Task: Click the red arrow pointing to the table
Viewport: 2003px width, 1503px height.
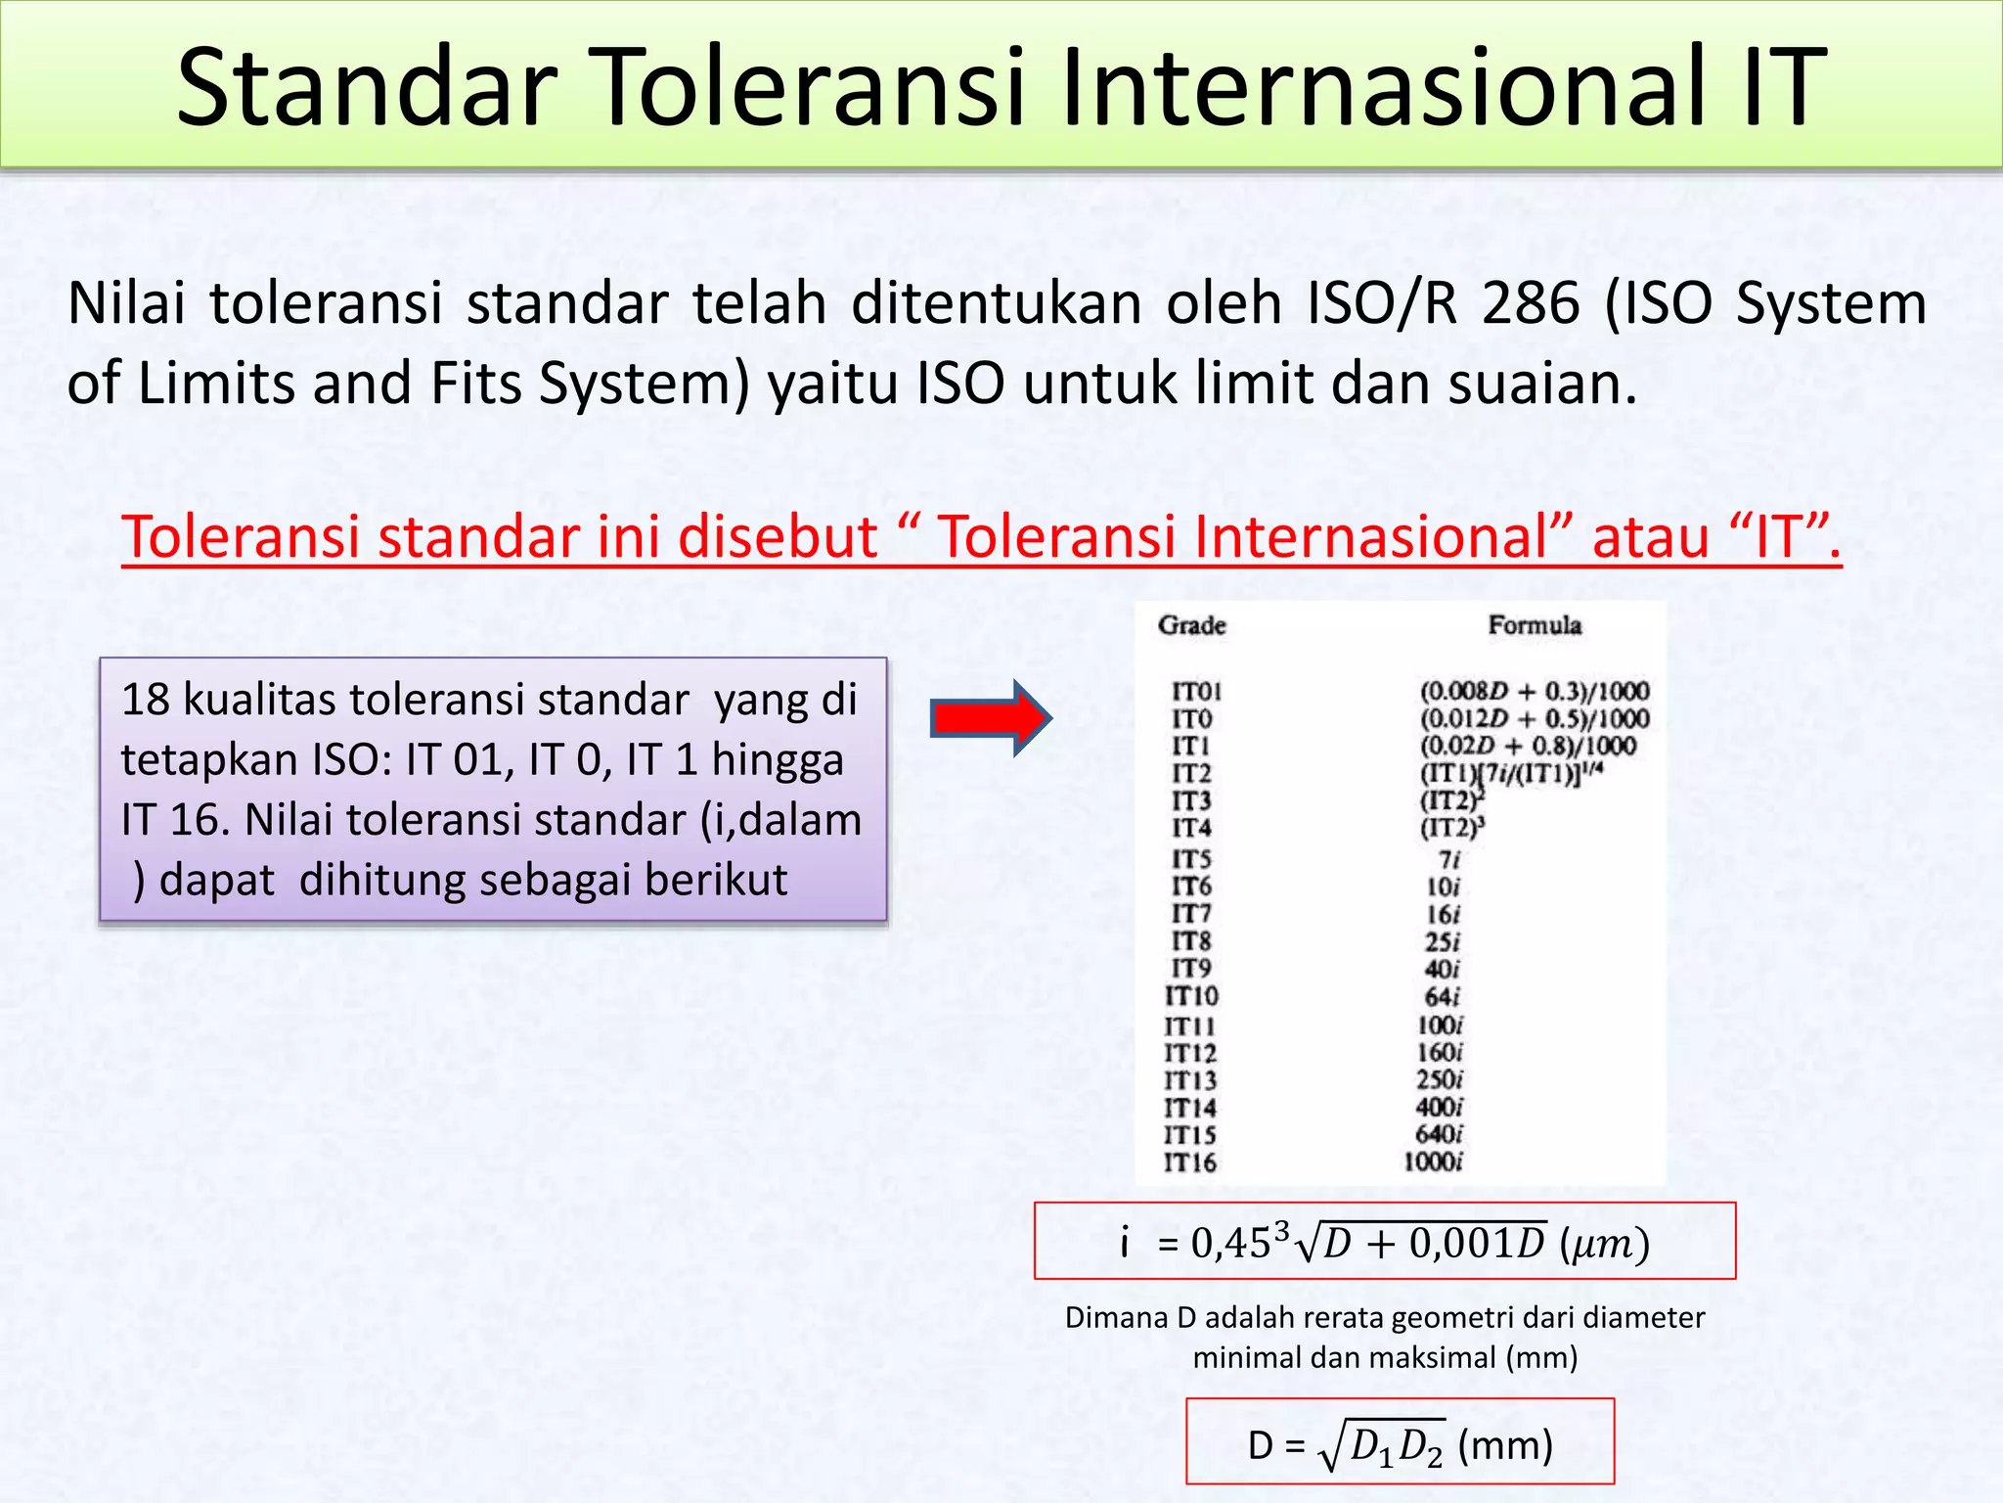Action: [x=990, y=718]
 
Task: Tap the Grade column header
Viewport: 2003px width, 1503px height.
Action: [x=1191, y=625]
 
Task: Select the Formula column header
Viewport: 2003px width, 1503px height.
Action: [x=1534, y=625]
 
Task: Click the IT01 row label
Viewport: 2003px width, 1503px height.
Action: [x=1196, y=692]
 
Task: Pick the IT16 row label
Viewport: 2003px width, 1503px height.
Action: [x=1189, y=1162]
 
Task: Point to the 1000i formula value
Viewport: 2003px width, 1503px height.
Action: [x=1433, y=1162]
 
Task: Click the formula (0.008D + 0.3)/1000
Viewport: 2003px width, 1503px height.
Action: [x=1534, y=692]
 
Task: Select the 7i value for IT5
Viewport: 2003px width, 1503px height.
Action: [x=1448, y=859]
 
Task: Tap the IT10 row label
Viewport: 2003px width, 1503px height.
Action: [x=1191, y=996]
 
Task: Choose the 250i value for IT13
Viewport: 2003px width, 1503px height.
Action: [x=1439, y=1080]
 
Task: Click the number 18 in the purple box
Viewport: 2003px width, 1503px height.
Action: [x=145, y=700]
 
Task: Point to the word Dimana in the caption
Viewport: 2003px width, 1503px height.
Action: [x=1116, y=1317]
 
